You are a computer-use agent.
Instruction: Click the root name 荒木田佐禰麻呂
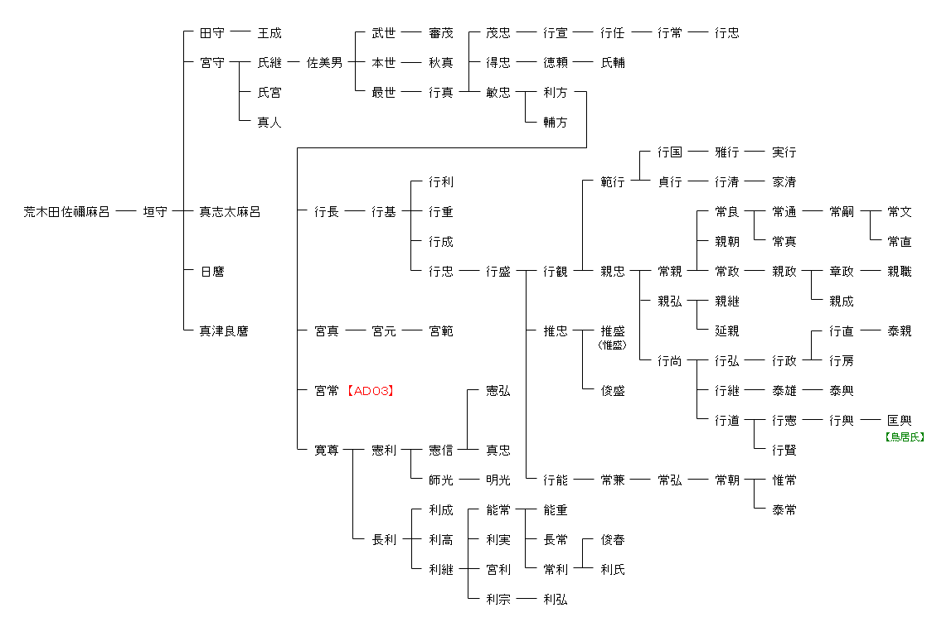coord(66,212)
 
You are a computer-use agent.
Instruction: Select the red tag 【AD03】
coord(369,391)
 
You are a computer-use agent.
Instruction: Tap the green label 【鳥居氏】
coord(905,436)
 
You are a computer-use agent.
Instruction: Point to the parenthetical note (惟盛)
coord(612,345)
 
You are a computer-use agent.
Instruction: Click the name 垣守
coord(155,212)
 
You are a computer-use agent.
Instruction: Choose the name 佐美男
coord(324,63)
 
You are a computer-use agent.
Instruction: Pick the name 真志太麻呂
coord(230,212)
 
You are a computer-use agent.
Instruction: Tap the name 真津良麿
coord(224,331)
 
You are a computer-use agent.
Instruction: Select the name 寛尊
coord(327,451)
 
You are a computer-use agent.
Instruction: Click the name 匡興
coord(899,421)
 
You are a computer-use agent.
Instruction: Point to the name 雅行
coord(727,152)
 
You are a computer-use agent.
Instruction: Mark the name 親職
coord(899,272)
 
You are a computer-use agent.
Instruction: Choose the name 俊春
coord(613,540)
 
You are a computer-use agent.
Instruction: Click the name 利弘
coord(556,600)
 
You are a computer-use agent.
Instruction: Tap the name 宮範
coord(441,331)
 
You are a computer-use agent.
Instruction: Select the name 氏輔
coord(613,63)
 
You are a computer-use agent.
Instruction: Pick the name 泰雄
coord(784,391)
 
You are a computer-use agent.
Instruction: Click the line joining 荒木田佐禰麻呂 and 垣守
coord(126,212)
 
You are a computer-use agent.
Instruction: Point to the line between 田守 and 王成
coord(240,33)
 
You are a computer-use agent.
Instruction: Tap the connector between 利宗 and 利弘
coord(527,600)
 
